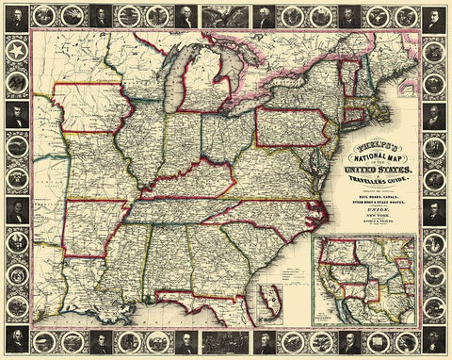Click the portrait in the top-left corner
point(16,15)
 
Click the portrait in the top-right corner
point(436,15)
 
